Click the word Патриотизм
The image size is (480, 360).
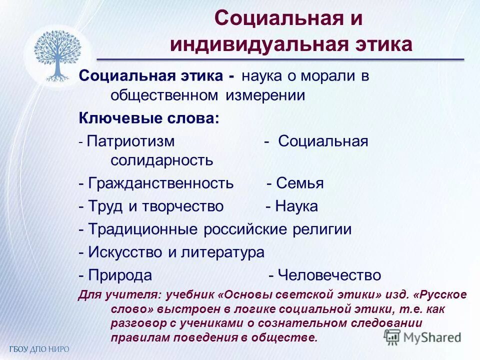130,141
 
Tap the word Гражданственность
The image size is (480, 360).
160,183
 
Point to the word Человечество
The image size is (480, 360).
329,275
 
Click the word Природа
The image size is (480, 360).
120,275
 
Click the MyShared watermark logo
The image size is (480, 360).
422,336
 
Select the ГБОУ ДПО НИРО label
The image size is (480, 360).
38,348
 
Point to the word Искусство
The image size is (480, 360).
125,252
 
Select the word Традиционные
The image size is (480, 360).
143,229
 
